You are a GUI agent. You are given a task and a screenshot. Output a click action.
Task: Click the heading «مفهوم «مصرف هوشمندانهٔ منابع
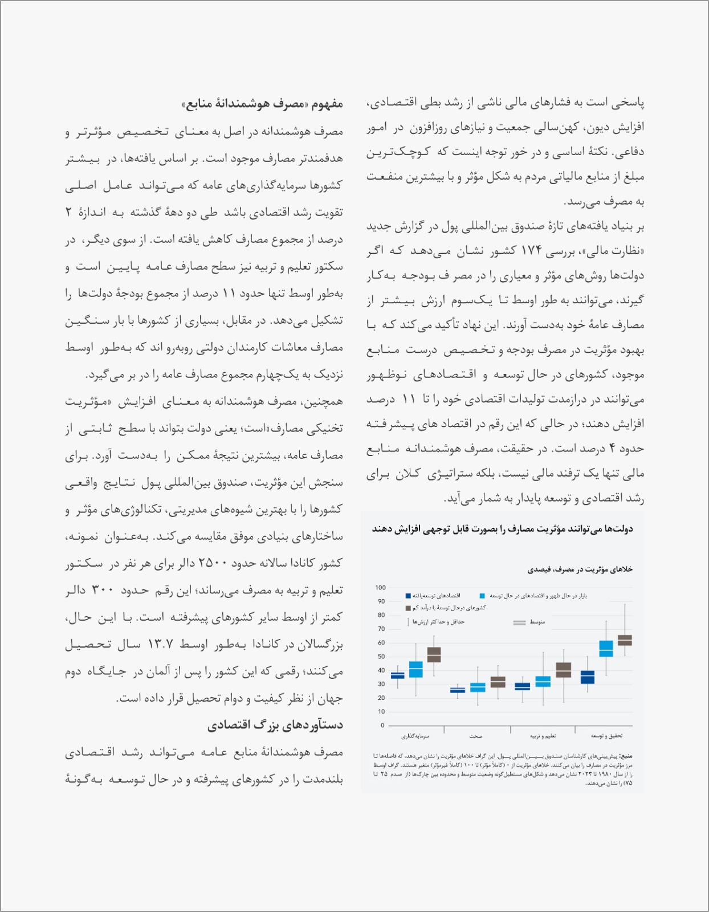263,104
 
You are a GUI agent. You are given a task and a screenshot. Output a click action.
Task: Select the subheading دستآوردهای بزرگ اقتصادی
275,725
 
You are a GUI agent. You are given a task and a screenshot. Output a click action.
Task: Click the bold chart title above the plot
502,529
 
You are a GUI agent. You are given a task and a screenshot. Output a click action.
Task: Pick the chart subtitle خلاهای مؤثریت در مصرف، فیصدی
580,569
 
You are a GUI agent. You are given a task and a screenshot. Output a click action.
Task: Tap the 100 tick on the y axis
380,588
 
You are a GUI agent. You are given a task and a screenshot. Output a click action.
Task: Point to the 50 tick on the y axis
381,657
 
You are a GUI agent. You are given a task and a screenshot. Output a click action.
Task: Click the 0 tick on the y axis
382,726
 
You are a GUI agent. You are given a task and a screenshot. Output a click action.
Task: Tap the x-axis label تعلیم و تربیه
543,736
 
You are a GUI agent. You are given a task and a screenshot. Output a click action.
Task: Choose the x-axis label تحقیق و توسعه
606,736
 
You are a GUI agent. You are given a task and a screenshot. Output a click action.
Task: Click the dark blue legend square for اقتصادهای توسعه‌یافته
408,596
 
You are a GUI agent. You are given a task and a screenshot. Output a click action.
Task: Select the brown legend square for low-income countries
408,608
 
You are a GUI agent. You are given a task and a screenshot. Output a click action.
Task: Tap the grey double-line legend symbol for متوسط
519,622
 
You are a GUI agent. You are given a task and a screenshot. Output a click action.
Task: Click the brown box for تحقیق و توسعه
625,640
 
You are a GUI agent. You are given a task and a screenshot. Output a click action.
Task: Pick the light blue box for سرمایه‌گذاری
416,669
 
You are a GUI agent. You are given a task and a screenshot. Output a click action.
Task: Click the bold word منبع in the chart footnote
626,756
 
